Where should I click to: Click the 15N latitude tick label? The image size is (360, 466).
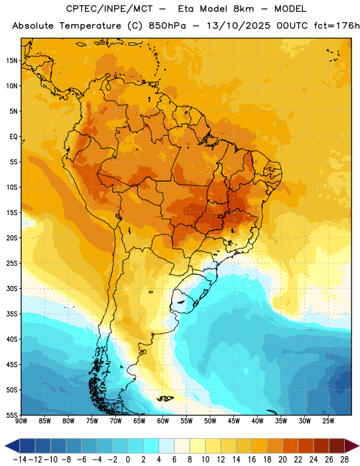pos(12,61)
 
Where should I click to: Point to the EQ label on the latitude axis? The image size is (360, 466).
pos(13,137)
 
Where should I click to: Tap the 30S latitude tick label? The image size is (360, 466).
pos(12,288)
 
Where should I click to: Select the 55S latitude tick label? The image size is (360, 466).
pos(12,415)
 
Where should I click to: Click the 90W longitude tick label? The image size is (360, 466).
pos(22,421)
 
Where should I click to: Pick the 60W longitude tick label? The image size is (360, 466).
pos(163,421)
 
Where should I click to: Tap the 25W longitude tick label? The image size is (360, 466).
pos(328,421)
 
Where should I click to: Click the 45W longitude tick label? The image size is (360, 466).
pos(234,421)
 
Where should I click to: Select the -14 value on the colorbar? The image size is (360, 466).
pos(20,460)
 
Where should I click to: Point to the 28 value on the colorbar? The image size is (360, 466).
pos(344,460)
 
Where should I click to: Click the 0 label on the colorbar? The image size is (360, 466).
pos(128,460)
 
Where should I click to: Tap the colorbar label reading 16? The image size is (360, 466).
pos(252,460)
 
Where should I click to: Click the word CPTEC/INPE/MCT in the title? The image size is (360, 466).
pos(109,9)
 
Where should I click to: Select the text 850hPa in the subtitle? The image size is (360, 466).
pos(167,26)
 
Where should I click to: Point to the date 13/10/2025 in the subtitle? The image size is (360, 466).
pos(238,26)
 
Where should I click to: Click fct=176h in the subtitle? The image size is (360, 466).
pos(337,26)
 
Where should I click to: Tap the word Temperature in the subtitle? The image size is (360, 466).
pos(90,26)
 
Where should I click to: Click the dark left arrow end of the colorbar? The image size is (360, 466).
pos(12,446)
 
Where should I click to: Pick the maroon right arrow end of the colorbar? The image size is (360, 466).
pos(352,446)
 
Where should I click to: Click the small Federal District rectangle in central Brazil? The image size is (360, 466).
pos(221,216)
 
